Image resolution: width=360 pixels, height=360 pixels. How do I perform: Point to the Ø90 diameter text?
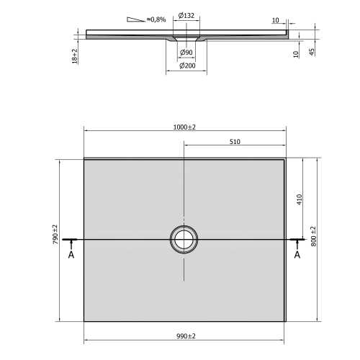click(x=186, y=53)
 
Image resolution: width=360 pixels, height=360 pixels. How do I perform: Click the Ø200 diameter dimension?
click(x=186, y=66)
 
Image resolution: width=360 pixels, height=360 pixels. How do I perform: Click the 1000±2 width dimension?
click(x=185, y=127)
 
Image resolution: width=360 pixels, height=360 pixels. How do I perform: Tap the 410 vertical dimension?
click(x=298, y=199)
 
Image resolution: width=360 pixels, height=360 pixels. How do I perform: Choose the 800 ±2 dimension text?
click(x=313, y=235)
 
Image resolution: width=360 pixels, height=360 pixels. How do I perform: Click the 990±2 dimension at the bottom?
click(x=185, y=336)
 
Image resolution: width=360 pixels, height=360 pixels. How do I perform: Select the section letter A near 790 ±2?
click(x=71, y=255)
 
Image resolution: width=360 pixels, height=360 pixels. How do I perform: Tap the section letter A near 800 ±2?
click(x=297, y=255)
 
